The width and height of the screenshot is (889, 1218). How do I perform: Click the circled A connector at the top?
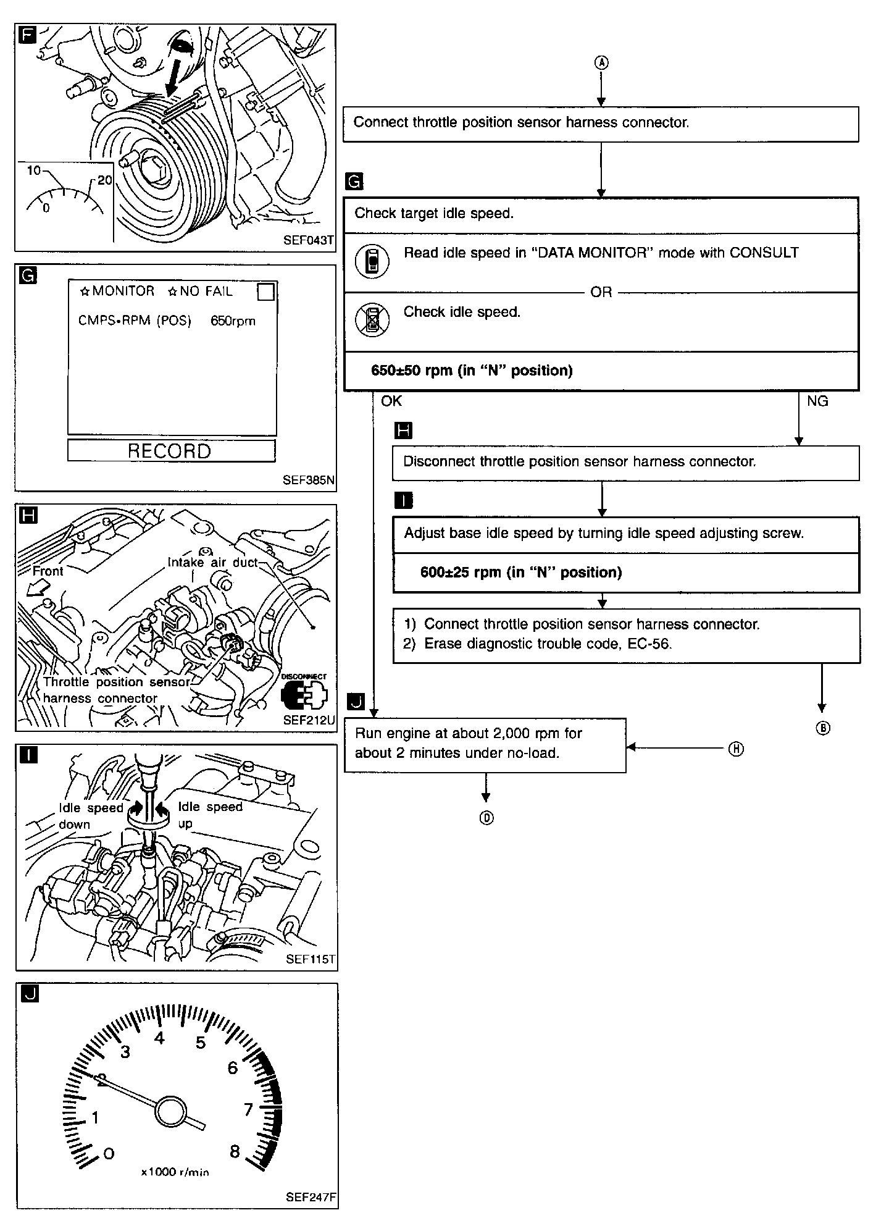[x=601, y=63]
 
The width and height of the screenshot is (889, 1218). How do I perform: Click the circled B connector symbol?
[x=822, y=728]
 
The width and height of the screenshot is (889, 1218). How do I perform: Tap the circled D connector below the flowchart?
[x=486, y=818]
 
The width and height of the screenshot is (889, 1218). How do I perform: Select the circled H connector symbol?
[x=736, y=749]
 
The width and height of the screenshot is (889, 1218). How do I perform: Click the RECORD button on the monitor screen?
[x=171, y=451]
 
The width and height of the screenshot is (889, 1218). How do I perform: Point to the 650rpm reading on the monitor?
[x=233, y=321]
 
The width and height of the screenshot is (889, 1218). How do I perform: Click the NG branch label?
[x=817, y=401]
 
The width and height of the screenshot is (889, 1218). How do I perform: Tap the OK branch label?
[x=391, y=401]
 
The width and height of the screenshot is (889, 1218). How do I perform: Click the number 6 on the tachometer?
[x=232, y=1068]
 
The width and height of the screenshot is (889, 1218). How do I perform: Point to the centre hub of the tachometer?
[x=170, y=1112]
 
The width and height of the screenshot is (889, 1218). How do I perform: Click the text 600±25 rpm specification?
[x=520, y=573]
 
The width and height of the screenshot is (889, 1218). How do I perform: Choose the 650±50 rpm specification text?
[x=472, y=371]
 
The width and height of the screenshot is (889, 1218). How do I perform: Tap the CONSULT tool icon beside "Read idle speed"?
[x=372, y=261]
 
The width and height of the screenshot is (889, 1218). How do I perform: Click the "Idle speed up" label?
[x=209, y=815]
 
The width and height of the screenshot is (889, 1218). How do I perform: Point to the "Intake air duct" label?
[x=212, y=563]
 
